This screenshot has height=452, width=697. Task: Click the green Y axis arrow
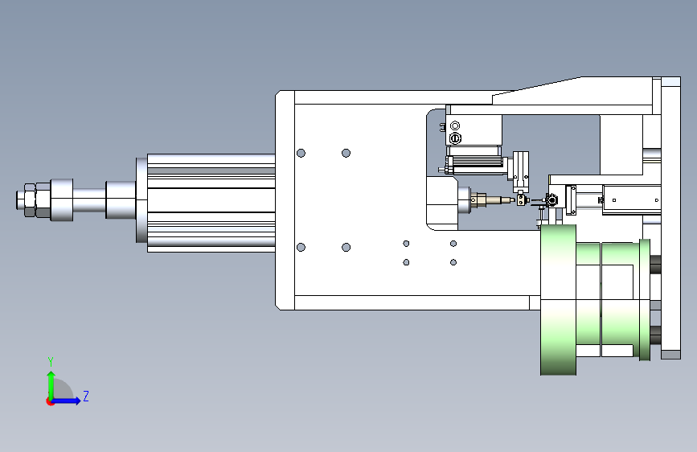click(51, 386)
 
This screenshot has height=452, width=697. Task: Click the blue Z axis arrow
click(65, 401)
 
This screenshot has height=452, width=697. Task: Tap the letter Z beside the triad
click(86, 396)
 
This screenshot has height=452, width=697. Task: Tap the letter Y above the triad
click(51, 361)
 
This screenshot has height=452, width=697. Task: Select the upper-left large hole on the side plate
click(301, 153)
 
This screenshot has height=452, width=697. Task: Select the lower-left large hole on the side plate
click(301, 247)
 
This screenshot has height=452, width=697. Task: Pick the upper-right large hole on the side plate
click(346, 153)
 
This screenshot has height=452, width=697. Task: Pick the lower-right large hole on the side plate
click(346, 247)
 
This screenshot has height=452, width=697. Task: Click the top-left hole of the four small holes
click(406, 244)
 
